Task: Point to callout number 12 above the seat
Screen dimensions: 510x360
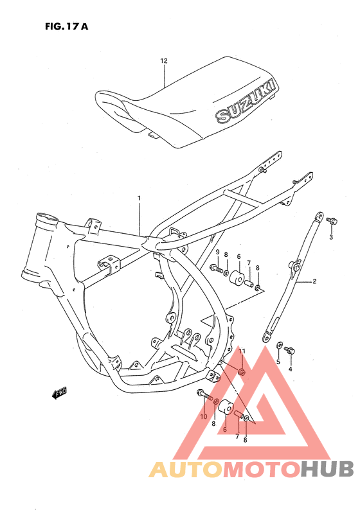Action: point(163,61)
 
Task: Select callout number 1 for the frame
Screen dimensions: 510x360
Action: point(138,198)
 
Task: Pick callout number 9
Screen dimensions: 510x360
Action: point(217,252)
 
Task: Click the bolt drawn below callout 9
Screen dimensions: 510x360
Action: point(215,268)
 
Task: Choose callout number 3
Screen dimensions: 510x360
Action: point(331,237)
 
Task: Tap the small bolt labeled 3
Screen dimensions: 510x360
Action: point(332,222)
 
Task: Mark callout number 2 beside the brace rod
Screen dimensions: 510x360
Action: point(315,281)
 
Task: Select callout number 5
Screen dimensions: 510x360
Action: point(278,362)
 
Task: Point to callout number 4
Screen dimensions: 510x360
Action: point(290,369)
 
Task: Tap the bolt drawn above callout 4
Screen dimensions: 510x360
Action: point(289,350)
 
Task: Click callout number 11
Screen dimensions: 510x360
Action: point(242,351)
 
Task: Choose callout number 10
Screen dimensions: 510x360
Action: point(203,417)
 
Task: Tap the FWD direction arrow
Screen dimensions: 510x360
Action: point(59,392)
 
